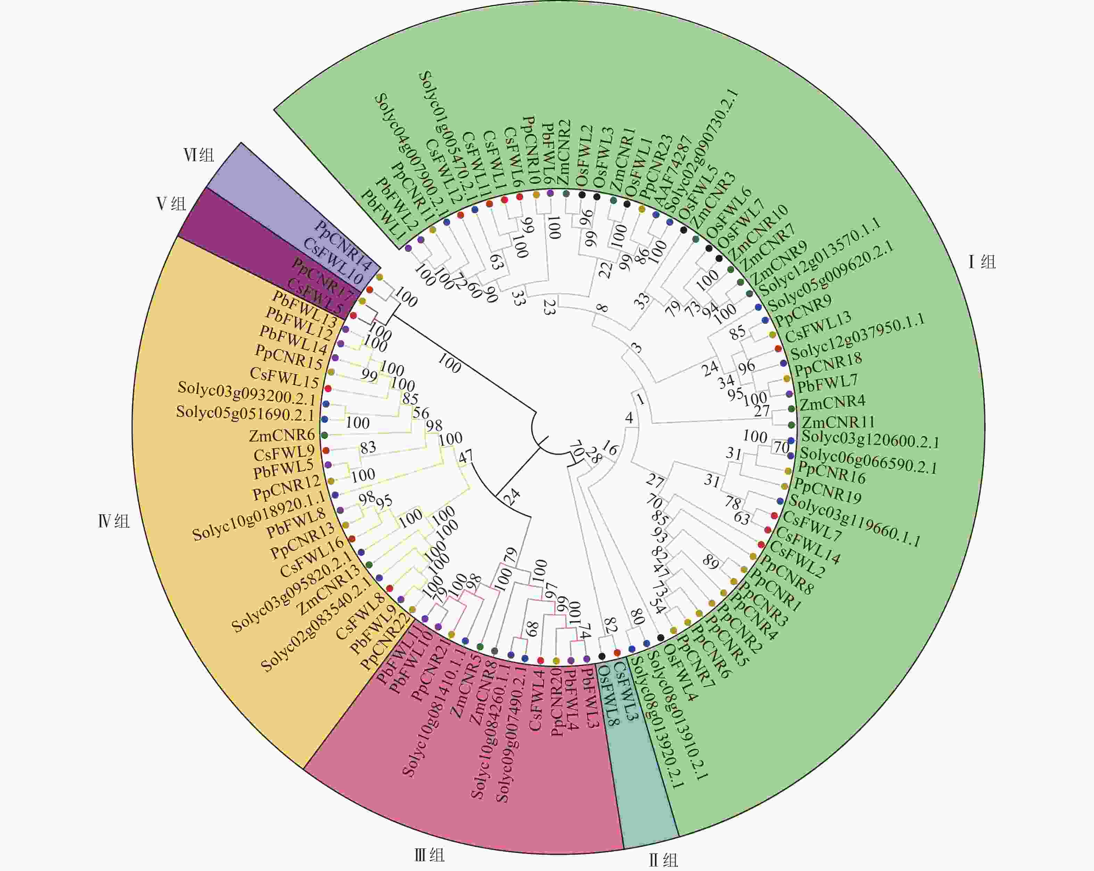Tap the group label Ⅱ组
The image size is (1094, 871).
663,860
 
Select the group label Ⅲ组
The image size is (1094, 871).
429,855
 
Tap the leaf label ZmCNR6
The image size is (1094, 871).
282,435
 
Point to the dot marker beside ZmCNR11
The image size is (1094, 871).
792,425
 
